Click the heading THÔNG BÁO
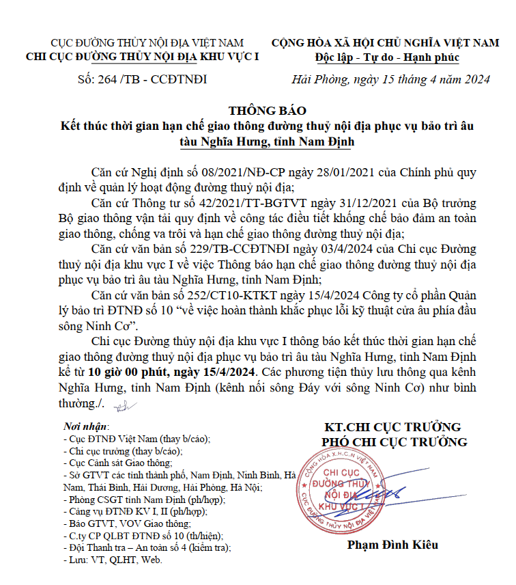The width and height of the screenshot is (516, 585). coord(258,111)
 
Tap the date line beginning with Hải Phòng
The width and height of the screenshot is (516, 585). coord(390,79)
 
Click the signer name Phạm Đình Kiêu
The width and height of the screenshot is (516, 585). coord(392,545)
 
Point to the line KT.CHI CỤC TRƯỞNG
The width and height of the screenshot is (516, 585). coord(392,428)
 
